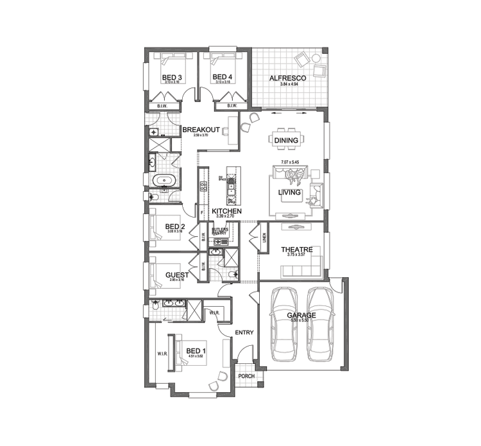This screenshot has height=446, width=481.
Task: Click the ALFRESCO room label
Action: [287, 78]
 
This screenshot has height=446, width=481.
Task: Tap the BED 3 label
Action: [171, 78]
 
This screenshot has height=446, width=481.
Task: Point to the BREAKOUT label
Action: [201, 130]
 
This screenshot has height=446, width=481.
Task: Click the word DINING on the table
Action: [286, 141]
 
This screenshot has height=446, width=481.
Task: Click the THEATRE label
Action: [296, 250]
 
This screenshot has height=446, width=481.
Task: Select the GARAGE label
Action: [301, 315]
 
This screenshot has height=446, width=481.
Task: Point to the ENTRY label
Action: [244, 332]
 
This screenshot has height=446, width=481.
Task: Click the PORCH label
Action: [246, 377]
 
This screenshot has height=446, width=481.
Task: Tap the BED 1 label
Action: [195, 350]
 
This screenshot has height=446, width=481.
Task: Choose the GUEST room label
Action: [176, 275]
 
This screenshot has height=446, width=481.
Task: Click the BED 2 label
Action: [175, 226]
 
